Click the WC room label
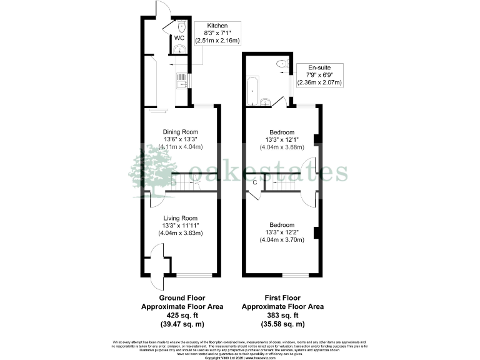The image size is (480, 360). (179, 39)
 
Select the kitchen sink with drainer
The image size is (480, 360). (181, 81)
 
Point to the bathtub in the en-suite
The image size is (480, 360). (252, 91)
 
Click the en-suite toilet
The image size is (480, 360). (282, 62)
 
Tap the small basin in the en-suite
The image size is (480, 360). (266, 102)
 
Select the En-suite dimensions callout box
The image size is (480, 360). (319, 74)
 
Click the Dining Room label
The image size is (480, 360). (181, 132)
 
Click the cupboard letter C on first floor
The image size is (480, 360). (255, 182)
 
